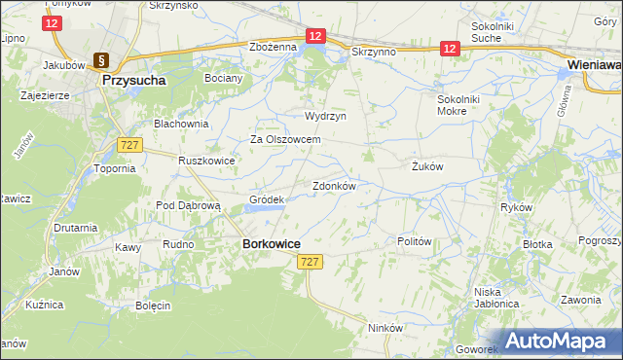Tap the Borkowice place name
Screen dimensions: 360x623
click(x=271, y=244)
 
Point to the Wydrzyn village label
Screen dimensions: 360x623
click(x=325, y=115)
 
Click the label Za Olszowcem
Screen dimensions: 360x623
click(x=286, y=139)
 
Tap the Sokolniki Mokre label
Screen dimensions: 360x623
click(x=466, y=105)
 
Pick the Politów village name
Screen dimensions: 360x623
click(x=415, y=240)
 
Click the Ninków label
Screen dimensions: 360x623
click(x=385, y=328)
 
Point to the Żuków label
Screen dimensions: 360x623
click(x=427, y=166)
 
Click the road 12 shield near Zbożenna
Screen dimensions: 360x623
click(x=313, y=35)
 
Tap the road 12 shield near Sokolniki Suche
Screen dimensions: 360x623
click(x=449, y=47)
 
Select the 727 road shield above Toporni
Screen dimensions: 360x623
click(x=129, y=144)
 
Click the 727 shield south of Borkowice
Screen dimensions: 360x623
click(x=310, y=262)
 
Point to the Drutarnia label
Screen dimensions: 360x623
click(x=76, y=228)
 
